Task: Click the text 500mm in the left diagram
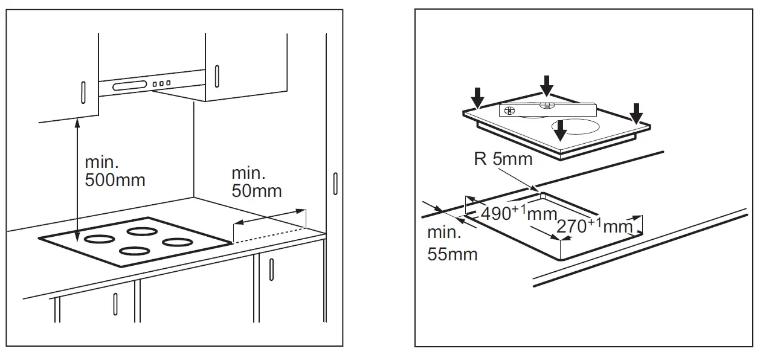115,180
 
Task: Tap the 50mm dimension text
256,191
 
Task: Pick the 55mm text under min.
452,254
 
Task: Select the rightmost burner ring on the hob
176,242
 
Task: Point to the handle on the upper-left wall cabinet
82,94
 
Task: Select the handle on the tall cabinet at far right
335,184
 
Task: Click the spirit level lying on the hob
547,109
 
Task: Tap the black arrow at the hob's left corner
478,97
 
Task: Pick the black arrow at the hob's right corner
637,112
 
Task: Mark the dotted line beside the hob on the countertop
269,236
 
